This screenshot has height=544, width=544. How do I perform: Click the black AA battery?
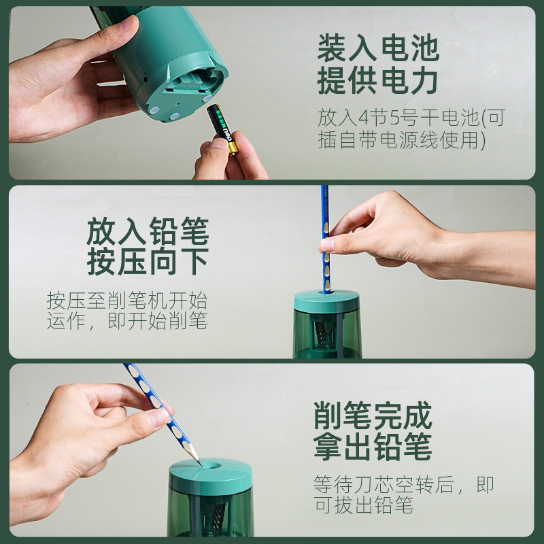click(x=223, y=128)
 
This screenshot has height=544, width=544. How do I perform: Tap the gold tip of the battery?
click(x=233, y=148)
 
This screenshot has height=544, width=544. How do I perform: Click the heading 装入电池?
click(x=378, y=48)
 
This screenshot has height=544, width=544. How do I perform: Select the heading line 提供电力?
click(x=377, y=80)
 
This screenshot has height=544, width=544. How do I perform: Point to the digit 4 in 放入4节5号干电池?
click(x=365, y=118)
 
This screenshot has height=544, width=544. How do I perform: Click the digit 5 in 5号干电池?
click(x=396, y=118)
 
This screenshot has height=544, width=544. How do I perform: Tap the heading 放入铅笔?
click(x=148, y=231)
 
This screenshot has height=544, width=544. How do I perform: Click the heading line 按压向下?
click(x=148, y=262)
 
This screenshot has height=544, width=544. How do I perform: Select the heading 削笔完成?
click(x=373, y=415)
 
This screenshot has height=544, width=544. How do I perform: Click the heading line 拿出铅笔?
click(x=373, y=447)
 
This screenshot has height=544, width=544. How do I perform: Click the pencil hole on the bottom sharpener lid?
click(x=211, y=466)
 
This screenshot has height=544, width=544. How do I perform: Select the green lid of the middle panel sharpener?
click(x=326, y=301)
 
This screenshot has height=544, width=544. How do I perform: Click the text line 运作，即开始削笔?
click(x=127, y=320)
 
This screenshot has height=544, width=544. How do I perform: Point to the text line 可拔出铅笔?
click(x=364, y=505)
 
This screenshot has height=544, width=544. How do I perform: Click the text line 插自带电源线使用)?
click(x=401, y=140)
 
